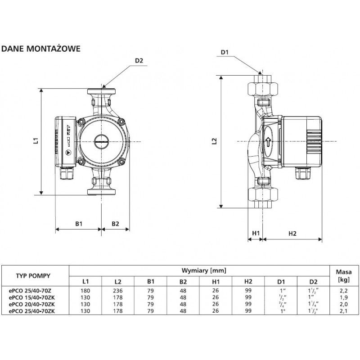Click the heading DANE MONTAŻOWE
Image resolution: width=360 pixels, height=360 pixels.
tap(41, 49)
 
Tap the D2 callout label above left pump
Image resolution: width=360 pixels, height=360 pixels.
tap(139, 61)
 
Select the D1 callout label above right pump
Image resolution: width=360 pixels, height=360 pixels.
tap(225, 53)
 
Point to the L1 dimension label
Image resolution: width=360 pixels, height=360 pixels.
tap(36, 141)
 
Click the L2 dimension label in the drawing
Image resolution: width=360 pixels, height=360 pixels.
tap(215, 141)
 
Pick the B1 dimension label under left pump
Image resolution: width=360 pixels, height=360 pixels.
tap(78, 224)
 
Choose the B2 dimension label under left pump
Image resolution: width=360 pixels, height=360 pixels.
tap(115, 224)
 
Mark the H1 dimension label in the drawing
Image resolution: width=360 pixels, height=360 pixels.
tap(256, 233)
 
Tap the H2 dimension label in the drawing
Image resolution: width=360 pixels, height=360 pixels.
tap(292, 233)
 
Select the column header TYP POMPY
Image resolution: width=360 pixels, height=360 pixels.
tap(33, 276)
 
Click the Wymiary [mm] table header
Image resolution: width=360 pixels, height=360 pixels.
tap(203, 270)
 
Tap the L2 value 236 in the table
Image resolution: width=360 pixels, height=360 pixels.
tap(118, 291)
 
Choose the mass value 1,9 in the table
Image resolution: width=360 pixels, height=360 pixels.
tap(344, 297)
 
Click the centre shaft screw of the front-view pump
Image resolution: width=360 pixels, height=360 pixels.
tap(101, 141)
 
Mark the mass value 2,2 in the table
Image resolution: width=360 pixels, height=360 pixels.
tap(344, 291)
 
